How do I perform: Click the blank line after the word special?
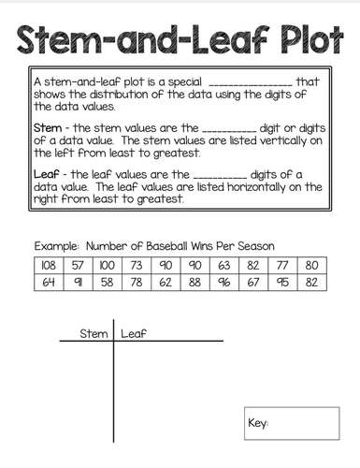251,83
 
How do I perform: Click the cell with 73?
137,264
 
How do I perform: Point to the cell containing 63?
224,264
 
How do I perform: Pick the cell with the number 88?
195,282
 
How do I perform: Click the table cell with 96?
224,282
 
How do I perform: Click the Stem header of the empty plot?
94,332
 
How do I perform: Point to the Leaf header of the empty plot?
134,332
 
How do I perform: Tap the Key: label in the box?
259,424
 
